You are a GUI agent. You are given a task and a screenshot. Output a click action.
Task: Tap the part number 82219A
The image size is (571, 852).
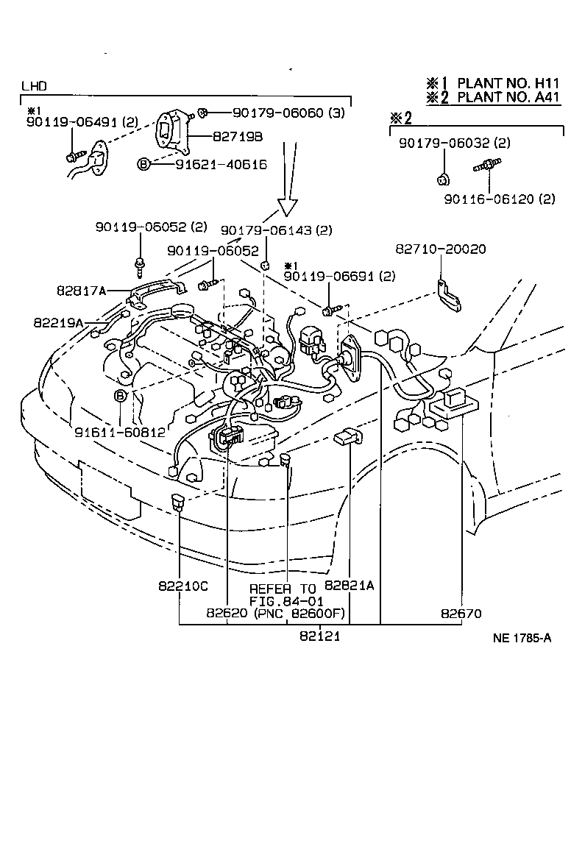point(58,322)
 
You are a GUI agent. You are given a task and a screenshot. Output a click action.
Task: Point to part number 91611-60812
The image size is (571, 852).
point(120,432)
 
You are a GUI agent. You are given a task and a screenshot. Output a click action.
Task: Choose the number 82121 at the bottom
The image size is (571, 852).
point(319,636)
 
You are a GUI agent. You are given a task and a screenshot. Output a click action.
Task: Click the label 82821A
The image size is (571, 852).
point(350,586)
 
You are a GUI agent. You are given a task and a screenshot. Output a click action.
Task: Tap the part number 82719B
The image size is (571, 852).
point(238,137)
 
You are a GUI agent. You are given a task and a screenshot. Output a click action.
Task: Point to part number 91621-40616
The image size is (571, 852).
point(221,164)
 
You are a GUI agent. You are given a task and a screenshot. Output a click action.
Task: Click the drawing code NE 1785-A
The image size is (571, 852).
point(522,638)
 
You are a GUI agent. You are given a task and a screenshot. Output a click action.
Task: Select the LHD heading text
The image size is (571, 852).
point(34,86)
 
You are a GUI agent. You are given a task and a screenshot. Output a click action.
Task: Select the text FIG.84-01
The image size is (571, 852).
point(283,600)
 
